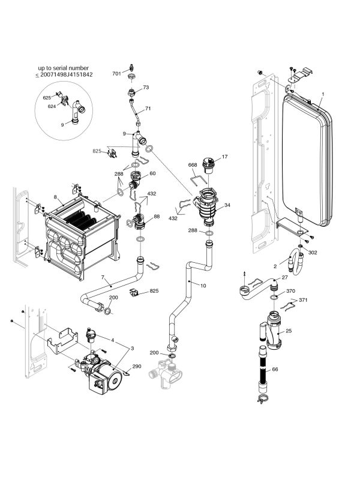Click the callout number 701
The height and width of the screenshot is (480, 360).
coord(116,73)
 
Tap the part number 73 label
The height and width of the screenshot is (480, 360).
coord(145,88)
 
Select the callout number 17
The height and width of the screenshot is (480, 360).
coord(225,157)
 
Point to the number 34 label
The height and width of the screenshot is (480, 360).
coord(227,205)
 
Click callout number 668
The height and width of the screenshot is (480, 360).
coord(193,164)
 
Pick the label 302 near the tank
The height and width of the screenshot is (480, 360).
coord(312,253)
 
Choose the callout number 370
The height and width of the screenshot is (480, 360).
coord(291,291)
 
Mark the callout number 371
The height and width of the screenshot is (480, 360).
coord(303,299)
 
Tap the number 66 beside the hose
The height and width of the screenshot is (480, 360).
coord(275,370)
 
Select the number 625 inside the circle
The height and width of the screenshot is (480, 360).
coord(47,97)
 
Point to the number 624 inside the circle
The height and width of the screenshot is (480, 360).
coord(52,106)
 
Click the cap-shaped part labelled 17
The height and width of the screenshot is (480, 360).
coord(208,161)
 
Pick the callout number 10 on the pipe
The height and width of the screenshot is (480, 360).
coord(203,286)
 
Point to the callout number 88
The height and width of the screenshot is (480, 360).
coord(157,217)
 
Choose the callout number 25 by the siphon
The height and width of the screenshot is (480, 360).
coord(289,331)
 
